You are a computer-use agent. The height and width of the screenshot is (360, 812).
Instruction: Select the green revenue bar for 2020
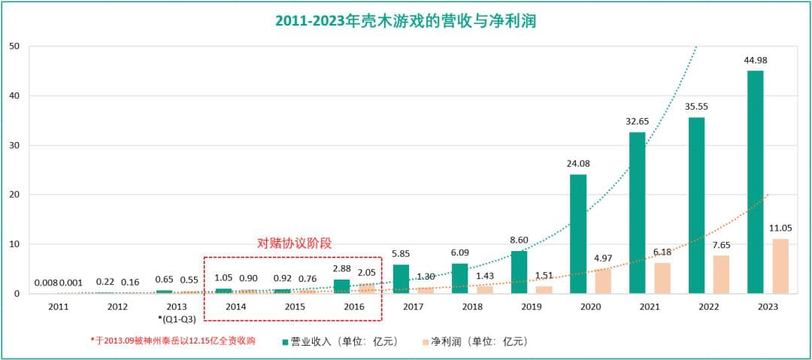pyautogui.click(x=578, y=234)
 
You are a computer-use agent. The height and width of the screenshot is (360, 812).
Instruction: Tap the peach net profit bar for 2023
pyautogui.click(x=780, y=266)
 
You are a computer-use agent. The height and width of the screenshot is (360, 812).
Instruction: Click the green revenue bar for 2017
pyautogui.click(x=401, y=279)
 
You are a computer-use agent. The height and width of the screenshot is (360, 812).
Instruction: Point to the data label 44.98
pyautogui.click(x=755, y=61)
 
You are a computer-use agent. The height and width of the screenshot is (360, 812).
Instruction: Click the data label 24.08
pyautogui.click(x=578, y=163)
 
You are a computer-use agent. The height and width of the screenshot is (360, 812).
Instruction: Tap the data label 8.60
pyautogui.click(x=519, y=240)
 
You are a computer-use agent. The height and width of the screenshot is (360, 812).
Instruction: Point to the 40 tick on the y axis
pyautogui.click(x=14, y=95)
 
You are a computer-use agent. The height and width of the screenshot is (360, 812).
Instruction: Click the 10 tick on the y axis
pyautogui.click(x=14, y=244)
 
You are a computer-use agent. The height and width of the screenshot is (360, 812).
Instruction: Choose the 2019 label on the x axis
pyautogui.click(x=531, y=307)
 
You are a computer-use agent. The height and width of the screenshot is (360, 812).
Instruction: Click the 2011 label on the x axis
pyautogui.click(x=59, y=307)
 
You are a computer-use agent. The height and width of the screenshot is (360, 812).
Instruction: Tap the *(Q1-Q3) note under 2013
pyautogui.click(x=177, y=319)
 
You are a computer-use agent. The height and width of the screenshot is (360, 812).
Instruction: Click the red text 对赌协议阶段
pyautogui.click(x=294, y=244)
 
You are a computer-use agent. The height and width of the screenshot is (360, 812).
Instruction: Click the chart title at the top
pyautogui.click(x=405, y=21)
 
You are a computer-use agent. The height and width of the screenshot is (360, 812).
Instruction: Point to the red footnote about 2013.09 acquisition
pyautogui.click(x=173, y=341)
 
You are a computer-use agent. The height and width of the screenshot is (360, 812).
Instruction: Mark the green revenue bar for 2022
pyautogui.click(x=696, y=205)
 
